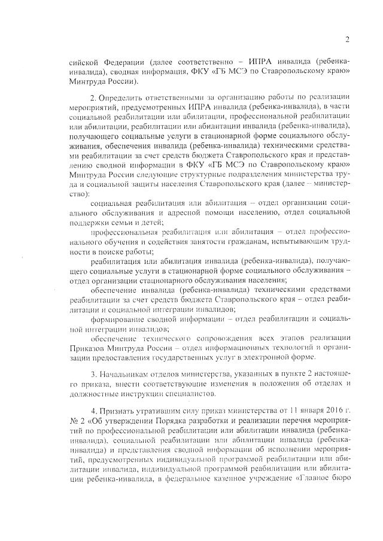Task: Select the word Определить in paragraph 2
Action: [126, 96]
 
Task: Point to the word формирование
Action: [119, 318]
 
